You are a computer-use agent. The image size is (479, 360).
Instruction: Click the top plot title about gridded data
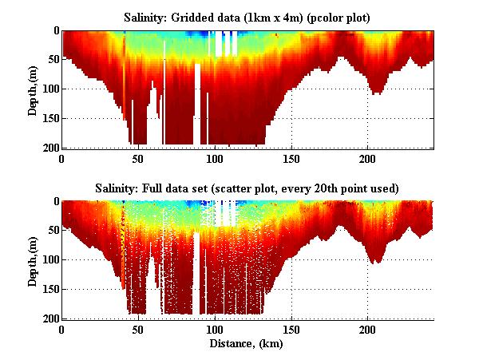[247, 16]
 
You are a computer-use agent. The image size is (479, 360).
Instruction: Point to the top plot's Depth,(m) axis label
[33, 89]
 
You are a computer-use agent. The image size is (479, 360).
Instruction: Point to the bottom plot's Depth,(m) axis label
[33, 260]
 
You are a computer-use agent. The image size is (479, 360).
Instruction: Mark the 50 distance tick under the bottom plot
[138, 329]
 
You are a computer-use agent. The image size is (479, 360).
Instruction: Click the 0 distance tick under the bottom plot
[61, 329]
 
